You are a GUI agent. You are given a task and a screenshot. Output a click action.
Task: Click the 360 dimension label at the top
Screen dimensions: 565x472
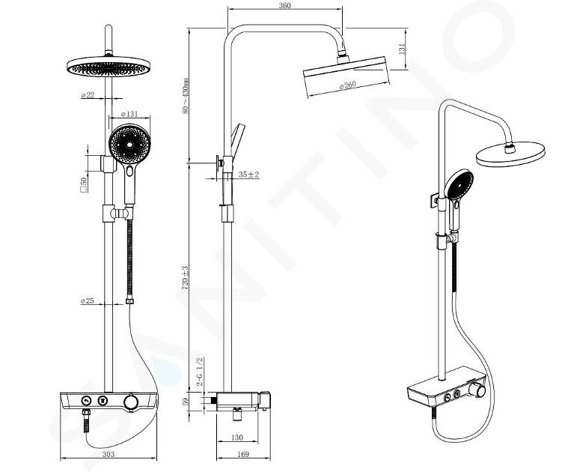pos(284,5)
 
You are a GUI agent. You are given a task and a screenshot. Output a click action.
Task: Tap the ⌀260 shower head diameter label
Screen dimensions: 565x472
pos(347,85)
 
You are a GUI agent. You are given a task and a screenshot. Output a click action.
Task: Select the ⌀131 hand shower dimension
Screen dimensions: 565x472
pos(129,114)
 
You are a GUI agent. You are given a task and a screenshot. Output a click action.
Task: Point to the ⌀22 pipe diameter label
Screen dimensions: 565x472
pos(88,94)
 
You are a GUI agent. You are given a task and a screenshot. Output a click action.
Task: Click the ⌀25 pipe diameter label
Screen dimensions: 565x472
pos(88,300)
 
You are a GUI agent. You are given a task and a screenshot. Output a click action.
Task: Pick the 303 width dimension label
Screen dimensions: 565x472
pos(108,454)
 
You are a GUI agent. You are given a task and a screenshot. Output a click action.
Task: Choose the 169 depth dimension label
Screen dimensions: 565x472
pos(243,454)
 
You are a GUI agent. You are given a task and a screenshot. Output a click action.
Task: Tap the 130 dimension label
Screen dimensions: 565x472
pos(236,438)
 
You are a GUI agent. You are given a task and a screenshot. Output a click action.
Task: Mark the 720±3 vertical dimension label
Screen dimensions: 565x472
pos(185,278)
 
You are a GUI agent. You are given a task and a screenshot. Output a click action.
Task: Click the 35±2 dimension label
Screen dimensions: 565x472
pos(249,175)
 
